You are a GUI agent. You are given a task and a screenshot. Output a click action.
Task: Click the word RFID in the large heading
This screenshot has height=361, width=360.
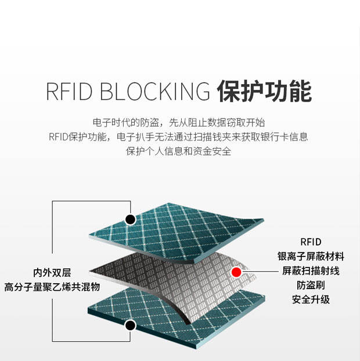69,91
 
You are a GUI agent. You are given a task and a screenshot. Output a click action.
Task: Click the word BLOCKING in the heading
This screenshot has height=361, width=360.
155,91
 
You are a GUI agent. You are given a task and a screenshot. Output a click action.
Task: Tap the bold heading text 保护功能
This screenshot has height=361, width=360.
265,91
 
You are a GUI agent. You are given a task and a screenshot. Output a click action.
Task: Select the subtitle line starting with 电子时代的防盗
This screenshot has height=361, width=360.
179,122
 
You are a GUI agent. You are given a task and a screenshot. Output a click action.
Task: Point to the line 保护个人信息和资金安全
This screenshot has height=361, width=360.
179,151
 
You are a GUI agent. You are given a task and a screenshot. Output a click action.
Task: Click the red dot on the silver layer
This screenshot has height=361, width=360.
236,272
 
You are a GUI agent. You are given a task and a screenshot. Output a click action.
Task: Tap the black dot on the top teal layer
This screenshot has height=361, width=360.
131,219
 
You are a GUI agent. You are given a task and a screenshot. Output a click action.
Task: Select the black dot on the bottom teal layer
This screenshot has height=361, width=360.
131,326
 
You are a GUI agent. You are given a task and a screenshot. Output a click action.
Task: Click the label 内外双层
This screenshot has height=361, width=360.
52,273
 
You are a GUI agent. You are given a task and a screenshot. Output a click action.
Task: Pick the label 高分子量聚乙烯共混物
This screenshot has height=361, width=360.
52,287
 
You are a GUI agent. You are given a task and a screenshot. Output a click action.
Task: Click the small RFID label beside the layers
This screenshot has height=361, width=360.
311,242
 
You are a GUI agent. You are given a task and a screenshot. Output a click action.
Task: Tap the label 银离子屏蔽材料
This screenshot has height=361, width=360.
311,257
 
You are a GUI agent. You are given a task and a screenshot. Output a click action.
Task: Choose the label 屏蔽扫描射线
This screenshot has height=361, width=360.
311,270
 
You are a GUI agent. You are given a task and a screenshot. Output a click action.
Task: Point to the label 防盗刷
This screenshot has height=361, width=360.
311,285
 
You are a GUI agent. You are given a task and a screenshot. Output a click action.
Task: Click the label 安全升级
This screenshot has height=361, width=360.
311,299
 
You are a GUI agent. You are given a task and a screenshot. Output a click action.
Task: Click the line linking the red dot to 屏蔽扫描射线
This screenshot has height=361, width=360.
260,272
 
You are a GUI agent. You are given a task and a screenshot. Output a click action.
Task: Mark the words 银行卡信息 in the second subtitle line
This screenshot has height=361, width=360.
284,137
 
